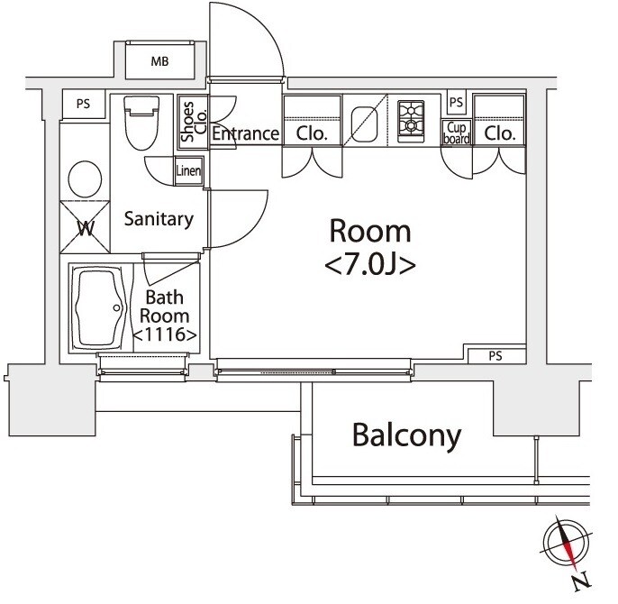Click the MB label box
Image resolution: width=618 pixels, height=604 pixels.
point(159,61)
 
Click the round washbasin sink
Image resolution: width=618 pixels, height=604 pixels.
point(85,178)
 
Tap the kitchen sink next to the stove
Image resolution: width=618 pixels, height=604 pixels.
point(366,120)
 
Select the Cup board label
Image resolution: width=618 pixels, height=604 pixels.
point(457,133)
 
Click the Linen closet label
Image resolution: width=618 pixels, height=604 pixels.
point(188,170)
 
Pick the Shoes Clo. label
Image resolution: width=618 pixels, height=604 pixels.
point(194,121)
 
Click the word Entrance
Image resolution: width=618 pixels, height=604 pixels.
point(245,134)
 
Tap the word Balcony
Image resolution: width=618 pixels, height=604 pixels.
point(406,435)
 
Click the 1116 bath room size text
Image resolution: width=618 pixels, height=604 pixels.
point(165,334)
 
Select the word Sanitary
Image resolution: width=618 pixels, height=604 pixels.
point(159,218)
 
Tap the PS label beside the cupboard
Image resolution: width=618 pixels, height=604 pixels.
point(456,103)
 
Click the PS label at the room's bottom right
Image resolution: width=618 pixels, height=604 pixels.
point(495,356)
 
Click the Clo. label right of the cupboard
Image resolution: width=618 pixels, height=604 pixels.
point(499,133)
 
